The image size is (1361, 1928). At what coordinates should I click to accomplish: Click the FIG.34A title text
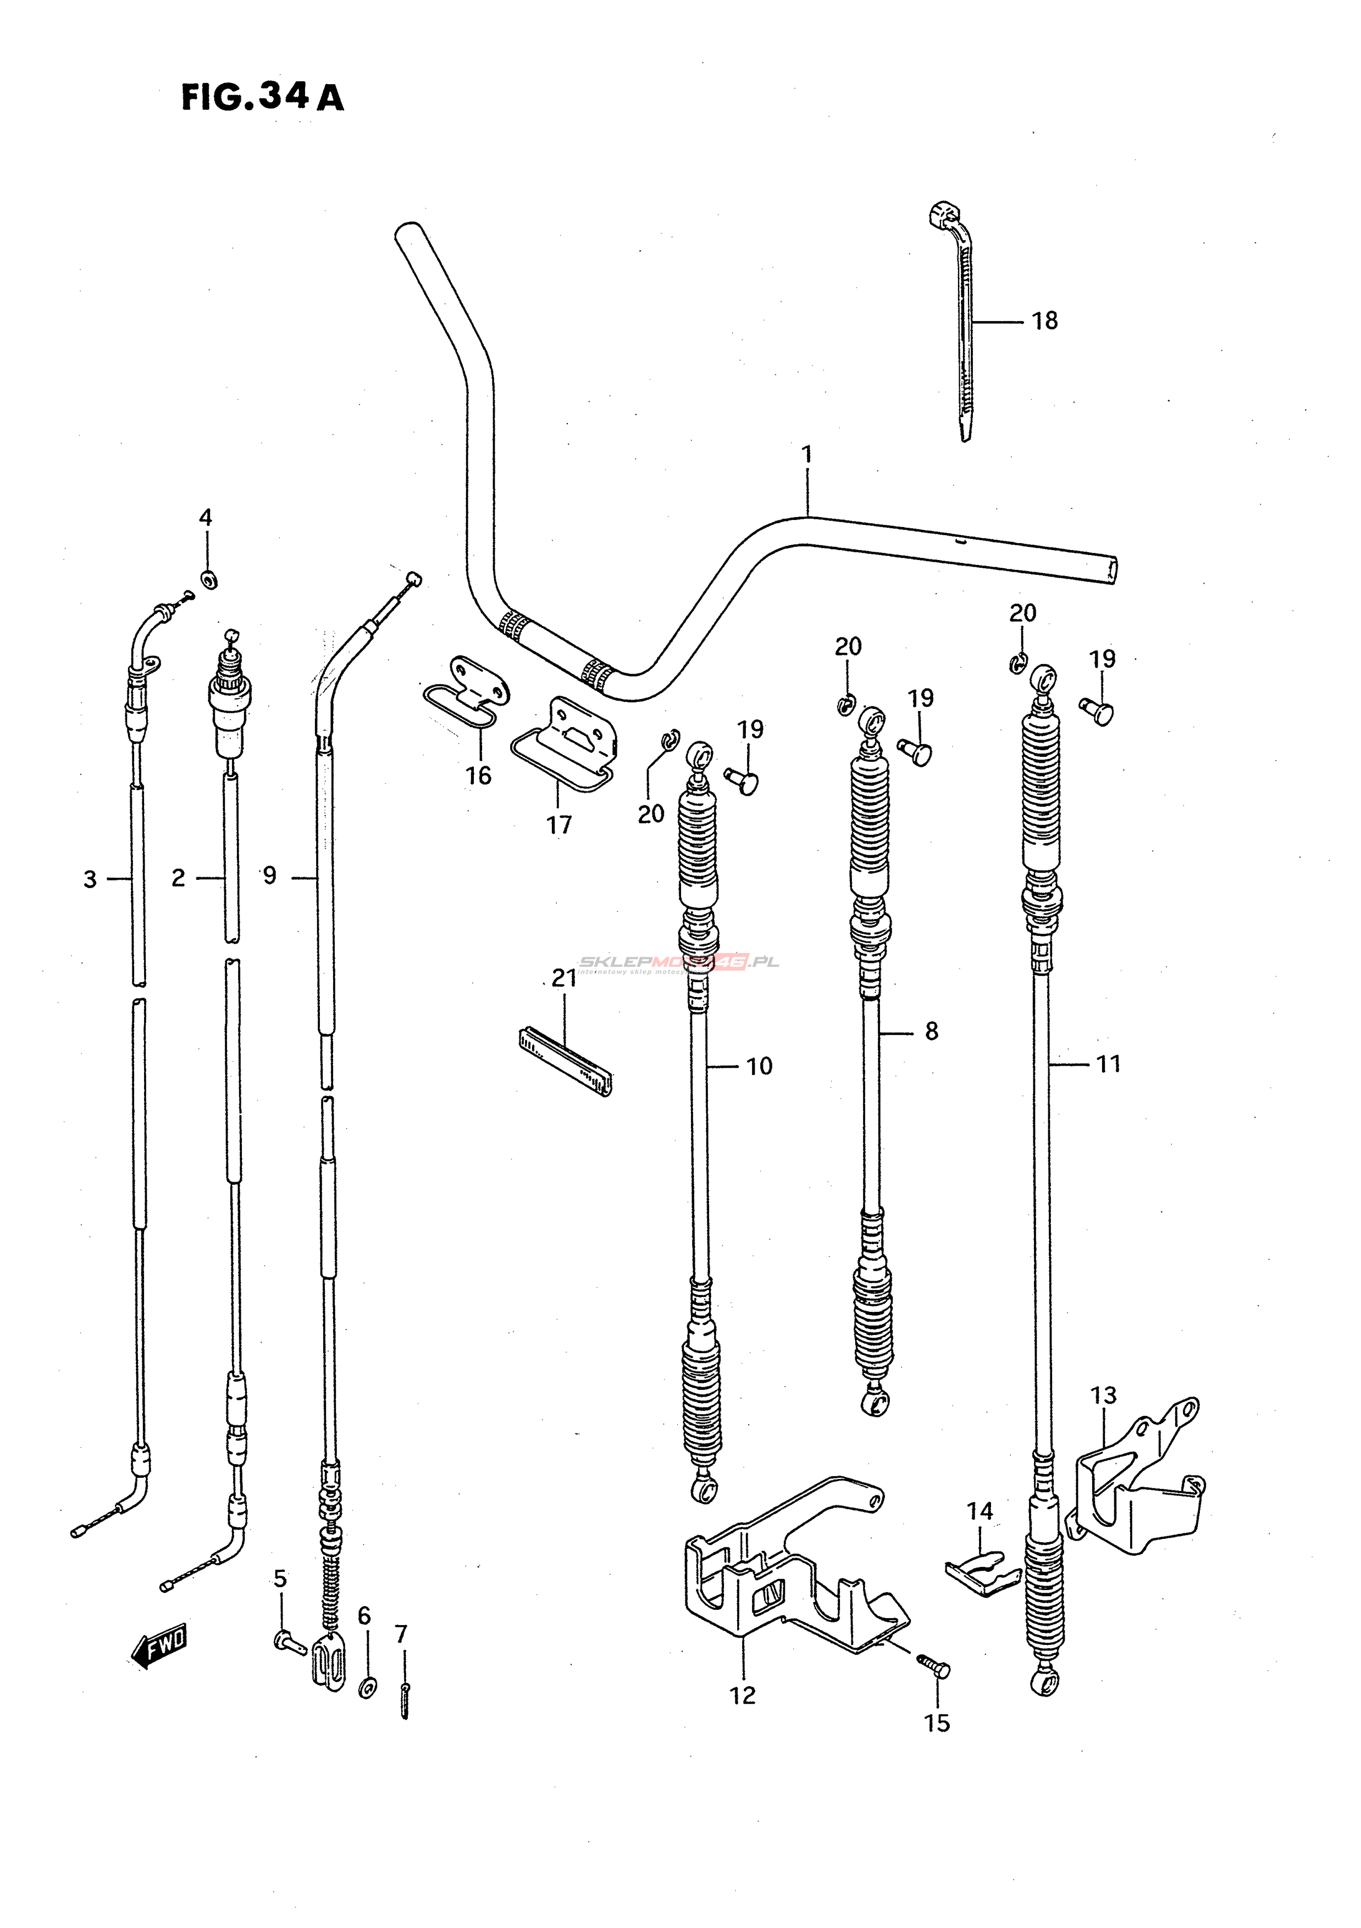[x=262, y=97]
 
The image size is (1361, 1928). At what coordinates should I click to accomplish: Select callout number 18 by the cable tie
[x=1044, y=321]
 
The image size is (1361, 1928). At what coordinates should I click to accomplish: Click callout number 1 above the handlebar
[x=807, y=455]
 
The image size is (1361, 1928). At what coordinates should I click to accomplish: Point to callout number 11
[x=1108, y=1065]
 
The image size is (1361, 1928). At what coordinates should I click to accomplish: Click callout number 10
[x=759, y=1066]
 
